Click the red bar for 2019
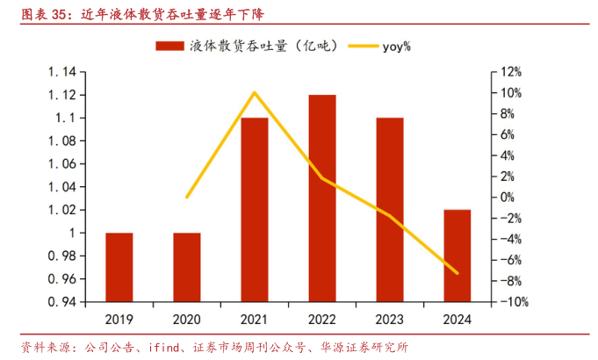(x=119, y=267)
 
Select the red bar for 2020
(x=186, y=267)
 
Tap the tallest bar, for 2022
(x=322, y=198)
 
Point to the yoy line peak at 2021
(x=255, y=92)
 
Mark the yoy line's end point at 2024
(x=458, y=273)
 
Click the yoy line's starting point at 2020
(x=186, y=198)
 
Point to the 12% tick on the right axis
(x=512, y=72)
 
